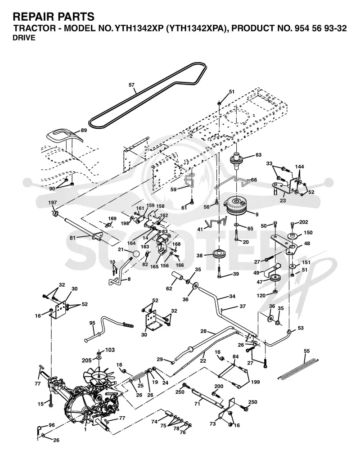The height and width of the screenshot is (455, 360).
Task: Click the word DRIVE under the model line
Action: pos(24,38)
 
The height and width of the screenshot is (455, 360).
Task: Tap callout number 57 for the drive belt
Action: pos(131,85)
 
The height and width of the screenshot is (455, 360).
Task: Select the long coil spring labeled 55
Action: pos(298,369)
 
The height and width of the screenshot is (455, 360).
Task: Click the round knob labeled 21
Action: pos(136,253)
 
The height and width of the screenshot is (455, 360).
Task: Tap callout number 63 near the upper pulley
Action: pos(258,155)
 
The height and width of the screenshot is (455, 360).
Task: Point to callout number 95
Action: pos(92,323)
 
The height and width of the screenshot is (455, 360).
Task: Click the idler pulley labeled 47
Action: pos(274,279)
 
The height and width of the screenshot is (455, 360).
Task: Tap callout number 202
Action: pos(303,222)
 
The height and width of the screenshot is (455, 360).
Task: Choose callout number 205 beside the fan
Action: pos(86,360)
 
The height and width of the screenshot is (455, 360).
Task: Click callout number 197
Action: pos(53,203)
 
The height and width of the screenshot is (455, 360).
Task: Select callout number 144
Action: pos(299,167)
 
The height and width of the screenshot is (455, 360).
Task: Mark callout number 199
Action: pos(255,382)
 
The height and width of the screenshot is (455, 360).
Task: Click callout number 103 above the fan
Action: pos(110,350)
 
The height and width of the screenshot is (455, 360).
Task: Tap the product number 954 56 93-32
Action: pos(320,28)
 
